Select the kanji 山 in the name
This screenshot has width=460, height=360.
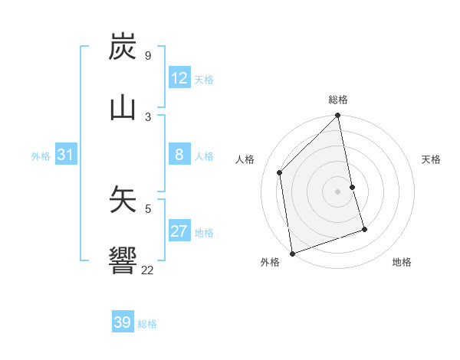click(123, 108)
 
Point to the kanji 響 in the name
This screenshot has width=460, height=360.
click(123, 260)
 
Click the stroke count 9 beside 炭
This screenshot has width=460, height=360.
click(147, 55)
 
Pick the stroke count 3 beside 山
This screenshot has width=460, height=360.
click(147, 116)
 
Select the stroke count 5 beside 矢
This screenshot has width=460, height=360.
click(147, 207)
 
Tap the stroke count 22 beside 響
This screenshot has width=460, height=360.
click(147, 269)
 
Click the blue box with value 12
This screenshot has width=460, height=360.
click(179, 78)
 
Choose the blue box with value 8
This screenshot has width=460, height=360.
click(179, 155)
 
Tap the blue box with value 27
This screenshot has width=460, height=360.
click(179, 231)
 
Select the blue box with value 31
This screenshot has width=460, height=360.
click(65, 155)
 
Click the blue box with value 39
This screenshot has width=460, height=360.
click(123, 322)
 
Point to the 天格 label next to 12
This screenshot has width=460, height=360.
click(204, 79)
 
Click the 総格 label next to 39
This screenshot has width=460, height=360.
click(147, 323)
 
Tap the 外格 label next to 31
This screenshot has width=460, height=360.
click(41, 155)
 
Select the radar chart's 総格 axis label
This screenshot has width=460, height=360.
click(338, 100)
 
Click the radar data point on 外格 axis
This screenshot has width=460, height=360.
click(292, 253)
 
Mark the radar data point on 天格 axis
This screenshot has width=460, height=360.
click(353, 186)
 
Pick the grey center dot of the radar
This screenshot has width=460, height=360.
click(338, 191)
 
